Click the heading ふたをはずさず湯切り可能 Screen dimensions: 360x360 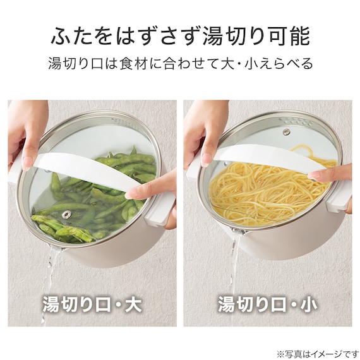(180, 36)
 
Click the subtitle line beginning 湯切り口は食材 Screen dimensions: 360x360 (180, 64)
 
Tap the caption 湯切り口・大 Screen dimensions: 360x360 (92, 304)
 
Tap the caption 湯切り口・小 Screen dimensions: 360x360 (268, 304)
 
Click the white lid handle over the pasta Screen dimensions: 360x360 (265, 161)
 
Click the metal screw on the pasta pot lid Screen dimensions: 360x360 (286, 132)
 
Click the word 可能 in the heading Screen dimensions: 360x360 (288, 36)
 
